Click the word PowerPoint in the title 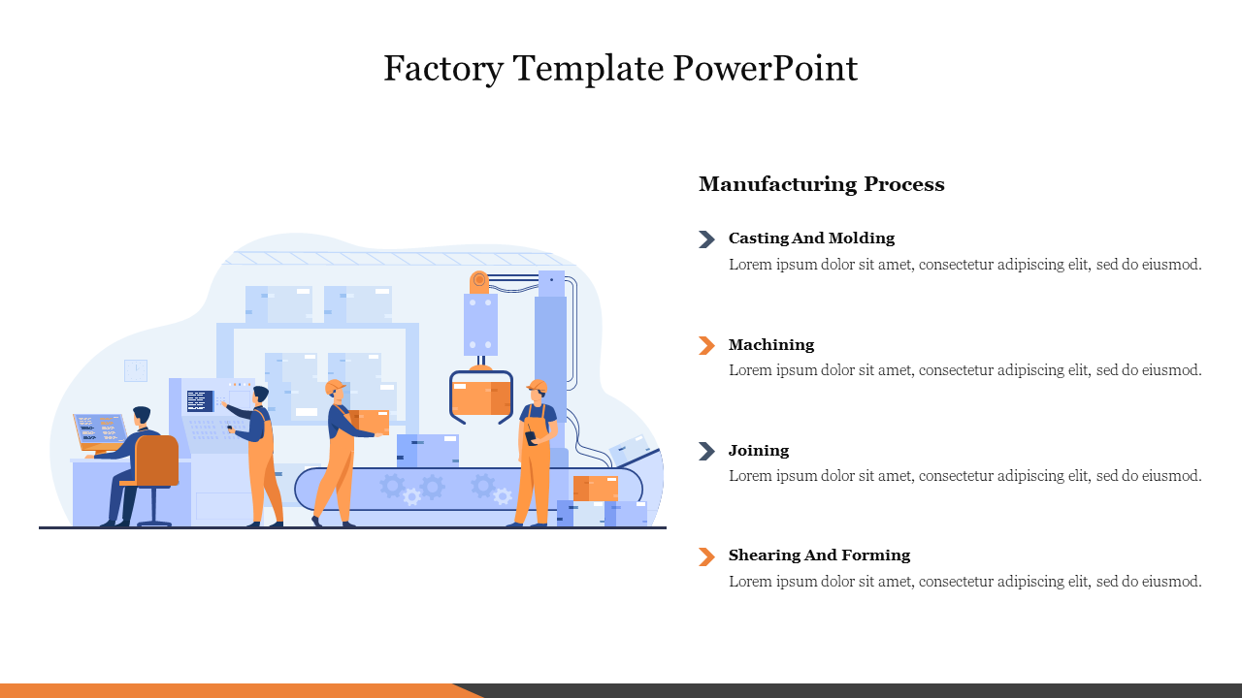[765, 69]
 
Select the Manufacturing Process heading [821, 184]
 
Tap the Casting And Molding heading [811, 238]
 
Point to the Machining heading [771, 345]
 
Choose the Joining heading [759, 451]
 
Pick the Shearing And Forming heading [819, 555]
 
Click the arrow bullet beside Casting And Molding [706, 239]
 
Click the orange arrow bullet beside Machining [706, 345]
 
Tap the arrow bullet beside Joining [706, 451]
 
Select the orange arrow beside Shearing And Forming [706, 556]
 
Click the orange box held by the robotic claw [480, 397]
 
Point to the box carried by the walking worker [371, 422]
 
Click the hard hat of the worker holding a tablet [538, 386]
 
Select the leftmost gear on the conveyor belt [392, 485]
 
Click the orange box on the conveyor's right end [595, 488]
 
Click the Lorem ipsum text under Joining [964, 476]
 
